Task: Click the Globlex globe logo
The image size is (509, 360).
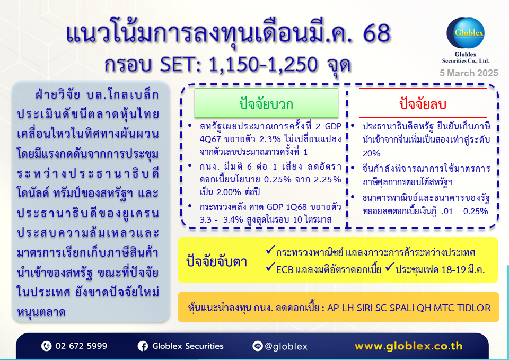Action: pos(466,33)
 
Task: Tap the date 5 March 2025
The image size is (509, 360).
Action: pos(469,73)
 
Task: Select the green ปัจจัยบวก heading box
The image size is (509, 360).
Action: pos(266,103)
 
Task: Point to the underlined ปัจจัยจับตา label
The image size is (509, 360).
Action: pos(216,261)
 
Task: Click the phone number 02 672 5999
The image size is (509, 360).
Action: pos(81,346)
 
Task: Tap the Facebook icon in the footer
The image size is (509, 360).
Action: pos(143,346)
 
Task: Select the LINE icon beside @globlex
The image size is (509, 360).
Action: pos(258,346)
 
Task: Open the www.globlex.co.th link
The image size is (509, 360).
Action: pos(409,346)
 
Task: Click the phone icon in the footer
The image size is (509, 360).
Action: pos(47,346)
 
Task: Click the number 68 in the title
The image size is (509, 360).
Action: pos(376,33)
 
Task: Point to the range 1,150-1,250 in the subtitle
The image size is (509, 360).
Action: pos(263,64)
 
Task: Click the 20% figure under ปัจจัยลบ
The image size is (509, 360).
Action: pos(371,153)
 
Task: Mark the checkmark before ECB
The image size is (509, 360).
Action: pos(270,267)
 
